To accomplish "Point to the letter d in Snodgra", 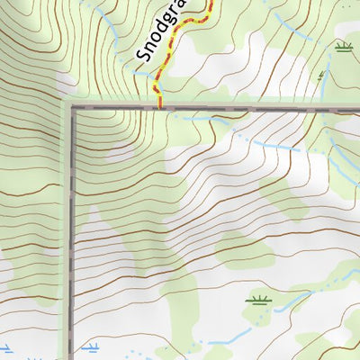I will pyautogui.click(x=160, y=31).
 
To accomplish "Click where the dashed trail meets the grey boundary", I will pyautogui.click(x=160, y=107).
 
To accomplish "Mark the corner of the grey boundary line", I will pyautogui.click(x=71, y=107).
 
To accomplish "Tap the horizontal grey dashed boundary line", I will pyautogui.click(x=252, y=107).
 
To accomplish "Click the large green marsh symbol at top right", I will pyautogui.click(x=342, y=46).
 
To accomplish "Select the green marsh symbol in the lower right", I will pyautogui.click(x=257, y=300).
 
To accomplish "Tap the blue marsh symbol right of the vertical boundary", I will pyautogui.click(x=91, y=346).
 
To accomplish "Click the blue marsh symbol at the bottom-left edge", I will pyautogui.click(x=4, y=347).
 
